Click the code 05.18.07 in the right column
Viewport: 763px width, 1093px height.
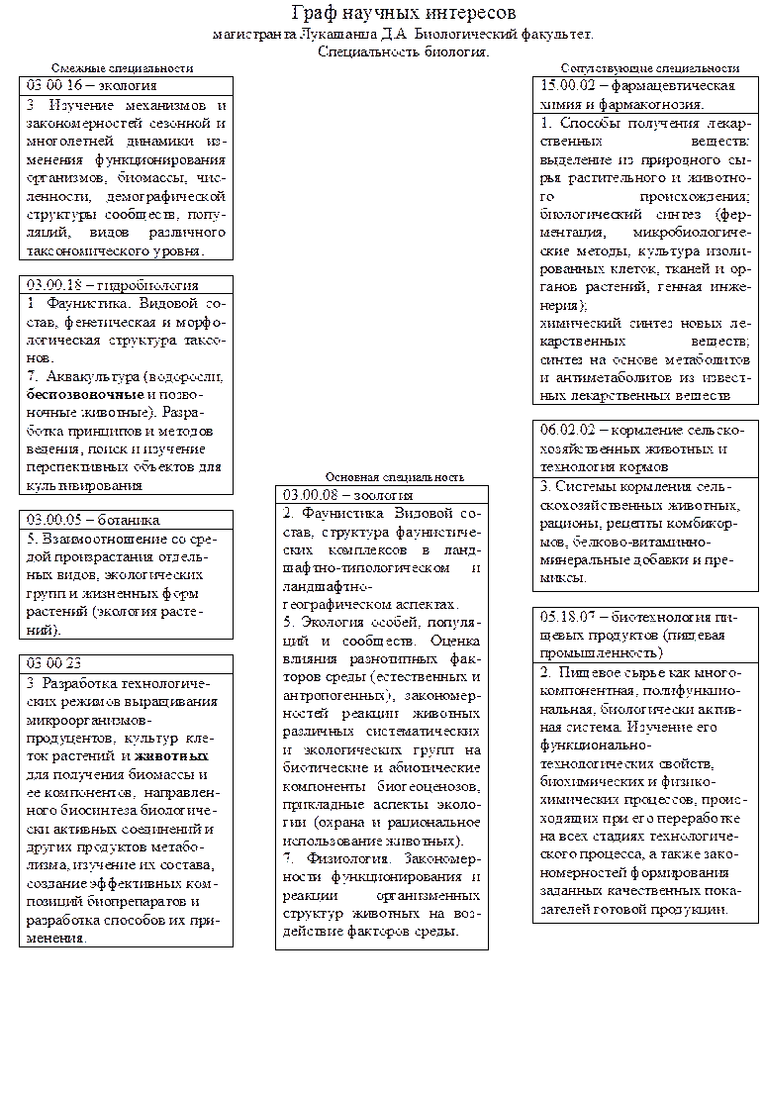tap(561, 616)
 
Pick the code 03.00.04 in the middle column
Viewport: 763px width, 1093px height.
tap(303, 492)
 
